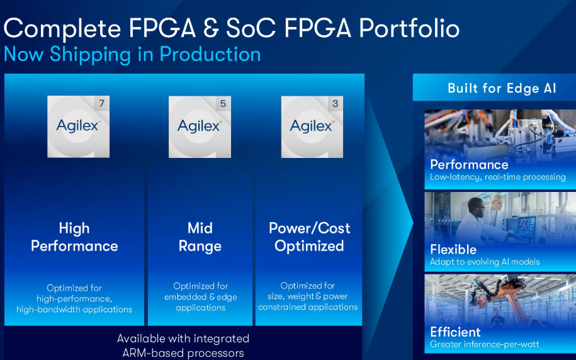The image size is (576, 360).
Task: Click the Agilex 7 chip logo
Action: [78, 127]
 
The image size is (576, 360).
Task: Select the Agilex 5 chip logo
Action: [200, 127]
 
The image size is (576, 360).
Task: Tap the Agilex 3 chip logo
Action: [312, 127]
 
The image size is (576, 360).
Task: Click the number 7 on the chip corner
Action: [102, 103]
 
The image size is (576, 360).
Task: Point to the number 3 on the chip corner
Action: [335, 104]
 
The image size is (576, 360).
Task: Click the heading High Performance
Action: [74, 237]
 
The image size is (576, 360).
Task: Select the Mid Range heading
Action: [200, 237]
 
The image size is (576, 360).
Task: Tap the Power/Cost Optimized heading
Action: [309, 237]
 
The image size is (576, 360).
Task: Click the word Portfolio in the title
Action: [409, 28]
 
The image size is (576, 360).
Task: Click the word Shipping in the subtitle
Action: [91, 55]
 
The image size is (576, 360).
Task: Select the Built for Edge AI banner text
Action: [502, 88]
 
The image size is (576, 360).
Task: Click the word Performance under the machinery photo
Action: [469, 164]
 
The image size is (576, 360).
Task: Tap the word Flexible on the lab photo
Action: [453, 249]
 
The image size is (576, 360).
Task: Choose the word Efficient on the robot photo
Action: [455, 332]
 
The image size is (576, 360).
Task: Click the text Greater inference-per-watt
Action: [485, 344]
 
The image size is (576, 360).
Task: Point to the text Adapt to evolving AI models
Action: [485, 262]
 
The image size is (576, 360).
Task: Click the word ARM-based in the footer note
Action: [154, 353]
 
